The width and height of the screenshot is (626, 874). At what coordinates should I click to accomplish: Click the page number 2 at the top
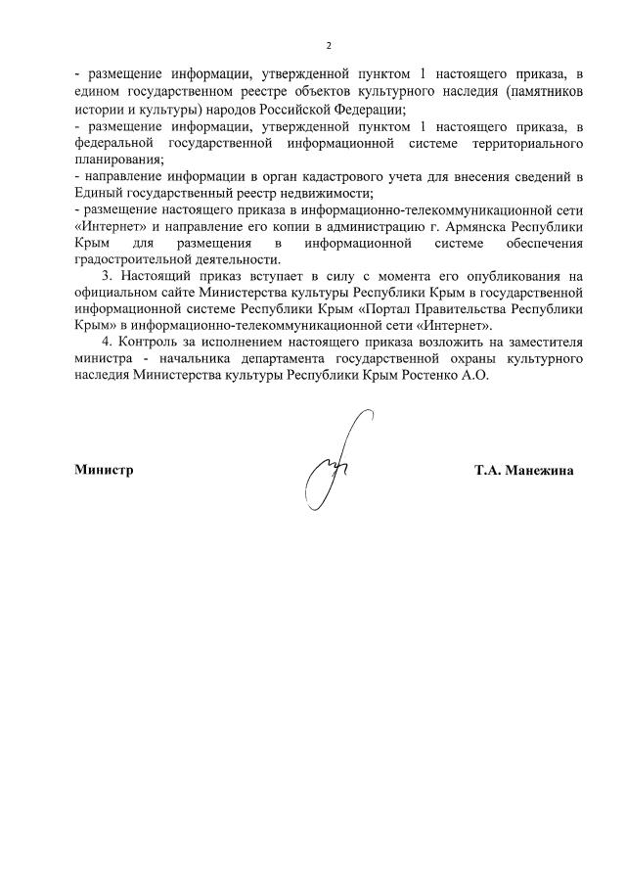click(x=329, y=46)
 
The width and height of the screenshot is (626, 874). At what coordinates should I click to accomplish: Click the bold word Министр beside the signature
click(x=104, y=470)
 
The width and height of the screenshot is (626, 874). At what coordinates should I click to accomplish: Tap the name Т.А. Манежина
click(x=524, y=470)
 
